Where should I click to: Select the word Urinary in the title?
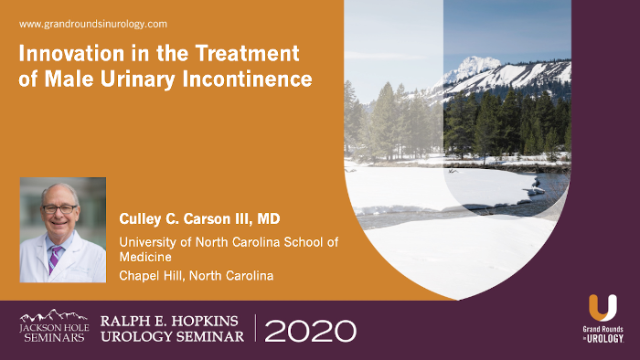coord(147,79)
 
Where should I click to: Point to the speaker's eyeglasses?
coord(60,208)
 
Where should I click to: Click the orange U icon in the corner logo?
coord(603,308)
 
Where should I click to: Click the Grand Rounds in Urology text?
coord(603,333)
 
